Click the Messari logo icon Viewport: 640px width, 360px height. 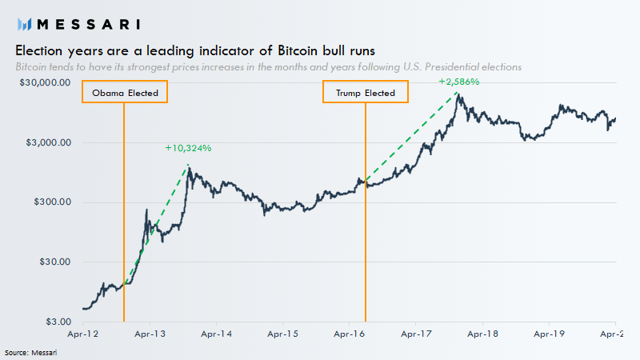(23, 23)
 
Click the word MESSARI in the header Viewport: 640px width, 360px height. (86, 23)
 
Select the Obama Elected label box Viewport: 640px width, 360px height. (125, 93)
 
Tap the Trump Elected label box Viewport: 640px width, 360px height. (366, 93)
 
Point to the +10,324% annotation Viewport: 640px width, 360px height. (188, 148)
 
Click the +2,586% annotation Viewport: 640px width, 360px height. (458, 82)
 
